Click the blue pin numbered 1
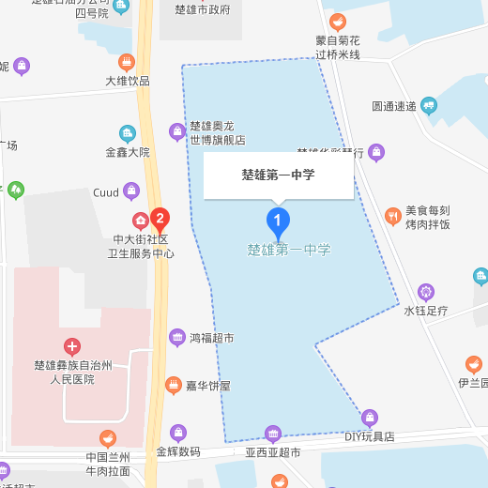coord(278,221)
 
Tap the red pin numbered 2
coord(160,221)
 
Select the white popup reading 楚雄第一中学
coord(278,175)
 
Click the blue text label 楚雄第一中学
coord(289,251)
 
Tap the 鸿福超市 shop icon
coord(176,337)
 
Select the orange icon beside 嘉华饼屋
coord(173,385)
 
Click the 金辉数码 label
coord(178,451)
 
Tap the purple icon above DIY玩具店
coord(370,418)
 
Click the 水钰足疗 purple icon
coord(426,292)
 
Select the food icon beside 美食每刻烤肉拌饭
coord(392,217)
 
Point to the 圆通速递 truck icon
coord(430,105)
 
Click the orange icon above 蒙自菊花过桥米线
coord(338,22)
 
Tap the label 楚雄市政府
coord(203,9)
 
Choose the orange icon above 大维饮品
coord(127,63)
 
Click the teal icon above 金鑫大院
coord(128,133)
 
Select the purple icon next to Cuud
coord(131,191)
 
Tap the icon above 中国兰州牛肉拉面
coord(108,438)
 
